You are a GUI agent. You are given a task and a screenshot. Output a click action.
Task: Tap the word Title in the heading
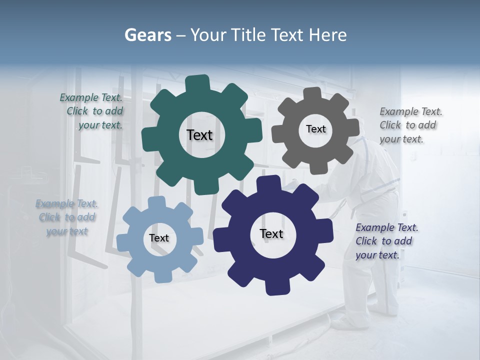[249, 35]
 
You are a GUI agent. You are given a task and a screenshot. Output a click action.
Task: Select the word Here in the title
[328, 35]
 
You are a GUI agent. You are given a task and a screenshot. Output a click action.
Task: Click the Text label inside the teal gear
[199, 135]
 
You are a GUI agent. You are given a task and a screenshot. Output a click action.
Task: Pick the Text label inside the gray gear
[315, 129]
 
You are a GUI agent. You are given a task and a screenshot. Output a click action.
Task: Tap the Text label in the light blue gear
[159, 238]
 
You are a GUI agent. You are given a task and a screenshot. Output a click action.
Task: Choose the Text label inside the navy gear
[271, 234]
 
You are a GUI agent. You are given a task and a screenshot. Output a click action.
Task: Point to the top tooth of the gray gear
[312, 93]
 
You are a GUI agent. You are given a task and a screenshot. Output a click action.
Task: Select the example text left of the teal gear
[92, 111]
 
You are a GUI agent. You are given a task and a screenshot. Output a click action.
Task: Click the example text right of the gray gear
[410, 125]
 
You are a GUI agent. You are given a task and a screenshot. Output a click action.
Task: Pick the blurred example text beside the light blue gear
[66, 217]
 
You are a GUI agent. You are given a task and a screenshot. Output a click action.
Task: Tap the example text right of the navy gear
[386, 241]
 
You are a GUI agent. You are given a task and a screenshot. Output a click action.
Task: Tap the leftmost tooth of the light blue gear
[123, 240]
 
